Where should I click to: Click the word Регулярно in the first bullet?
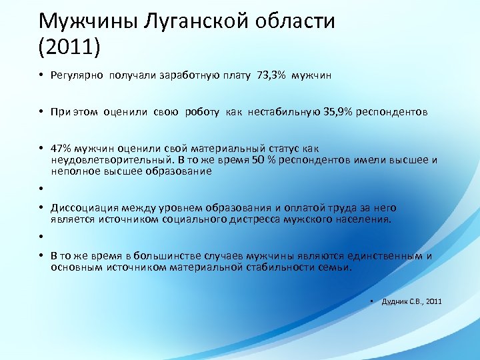click(77, 76)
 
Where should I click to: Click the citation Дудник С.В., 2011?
click(411, 302)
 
